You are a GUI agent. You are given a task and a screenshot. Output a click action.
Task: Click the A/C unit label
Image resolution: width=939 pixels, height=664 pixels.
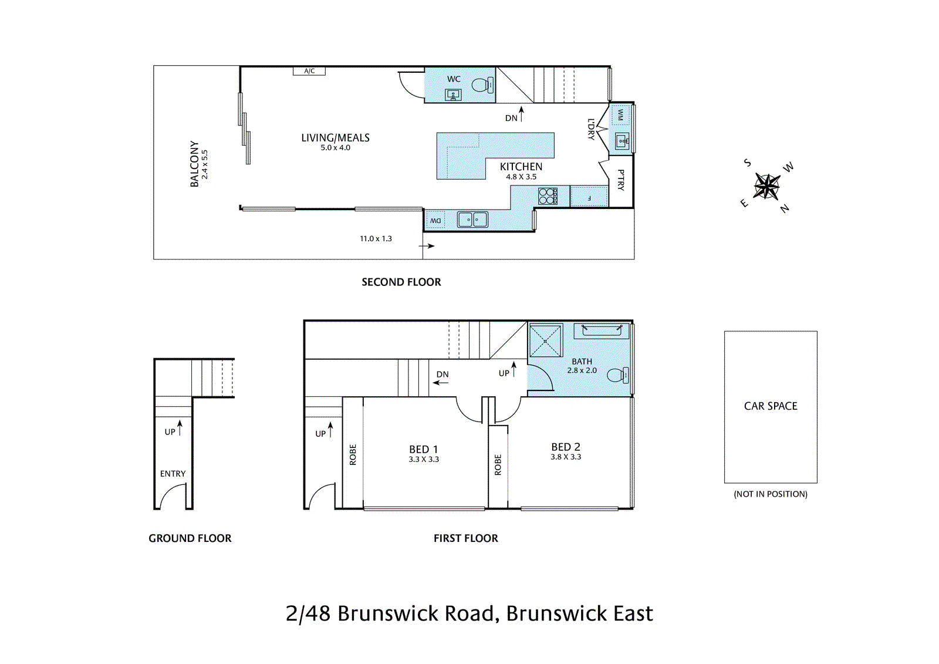309,71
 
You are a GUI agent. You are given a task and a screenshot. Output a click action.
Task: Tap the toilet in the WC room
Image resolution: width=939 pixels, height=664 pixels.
481,86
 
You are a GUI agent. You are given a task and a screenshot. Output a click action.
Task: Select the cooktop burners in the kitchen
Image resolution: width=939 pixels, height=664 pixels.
547,196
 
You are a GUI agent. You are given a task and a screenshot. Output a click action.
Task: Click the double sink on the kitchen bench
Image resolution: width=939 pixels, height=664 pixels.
472,220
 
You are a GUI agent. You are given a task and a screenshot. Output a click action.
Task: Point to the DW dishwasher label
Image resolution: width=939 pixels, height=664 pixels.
435,221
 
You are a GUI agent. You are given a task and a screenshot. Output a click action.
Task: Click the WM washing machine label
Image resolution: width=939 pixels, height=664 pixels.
620,114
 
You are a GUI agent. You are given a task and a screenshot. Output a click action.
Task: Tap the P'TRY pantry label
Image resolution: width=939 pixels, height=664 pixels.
621,180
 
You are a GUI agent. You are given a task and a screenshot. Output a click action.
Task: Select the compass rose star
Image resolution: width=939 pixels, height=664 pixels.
766,187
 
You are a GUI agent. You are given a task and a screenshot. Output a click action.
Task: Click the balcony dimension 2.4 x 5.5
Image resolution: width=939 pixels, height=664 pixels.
205,164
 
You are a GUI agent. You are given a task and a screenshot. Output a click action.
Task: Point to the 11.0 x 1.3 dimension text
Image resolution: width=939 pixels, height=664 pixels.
376,238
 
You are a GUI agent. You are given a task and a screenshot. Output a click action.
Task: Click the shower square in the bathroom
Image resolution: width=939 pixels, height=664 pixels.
546,341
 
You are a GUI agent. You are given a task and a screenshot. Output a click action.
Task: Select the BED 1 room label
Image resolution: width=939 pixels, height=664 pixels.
424,449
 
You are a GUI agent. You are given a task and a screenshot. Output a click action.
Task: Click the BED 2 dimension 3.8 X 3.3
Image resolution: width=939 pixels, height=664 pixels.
566,457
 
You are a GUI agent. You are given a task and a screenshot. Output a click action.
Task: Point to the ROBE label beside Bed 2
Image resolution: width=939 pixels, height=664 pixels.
498,464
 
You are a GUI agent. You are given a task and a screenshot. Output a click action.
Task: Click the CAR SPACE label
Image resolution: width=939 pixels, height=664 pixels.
771,406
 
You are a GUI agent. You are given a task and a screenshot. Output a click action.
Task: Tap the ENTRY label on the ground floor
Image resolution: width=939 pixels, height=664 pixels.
173,474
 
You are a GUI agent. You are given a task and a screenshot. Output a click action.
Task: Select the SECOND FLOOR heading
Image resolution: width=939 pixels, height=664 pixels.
401,282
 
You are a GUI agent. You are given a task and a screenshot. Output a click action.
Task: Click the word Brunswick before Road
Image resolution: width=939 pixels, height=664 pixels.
387,614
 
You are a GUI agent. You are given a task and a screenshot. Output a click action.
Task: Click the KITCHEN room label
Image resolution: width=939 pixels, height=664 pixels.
521,167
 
